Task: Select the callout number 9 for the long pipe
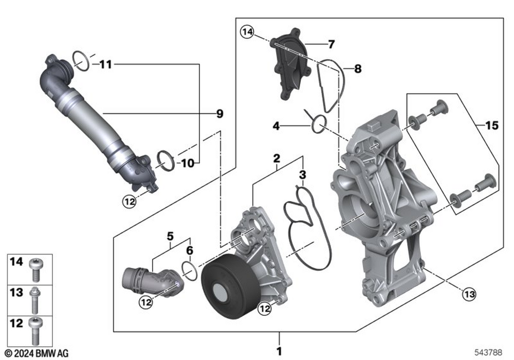[x=219, y=114]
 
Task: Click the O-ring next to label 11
[x=81, y=60]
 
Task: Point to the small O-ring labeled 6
[x=190, y=271]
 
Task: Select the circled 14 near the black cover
[x=247, y=33]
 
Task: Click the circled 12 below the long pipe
[x=130, y=201]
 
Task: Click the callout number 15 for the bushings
[x=491, y=125]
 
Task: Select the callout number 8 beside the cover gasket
[x=357, y=67]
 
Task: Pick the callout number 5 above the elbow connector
[x=169, y=237]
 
